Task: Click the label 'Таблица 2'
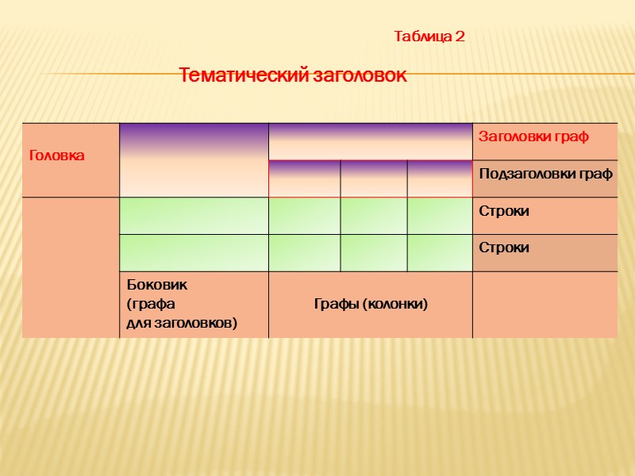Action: (x=429, y=36)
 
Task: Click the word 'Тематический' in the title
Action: (x=237, y=76)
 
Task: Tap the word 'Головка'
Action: (x=56, y=155)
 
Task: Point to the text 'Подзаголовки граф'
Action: (x=545, y=174)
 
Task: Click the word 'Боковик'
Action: (x=157, y=284)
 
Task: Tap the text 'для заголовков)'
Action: (x=182, y=322)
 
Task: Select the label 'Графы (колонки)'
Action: (x=371, y=304)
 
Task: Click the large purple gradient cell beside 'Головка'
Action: (x=194, y=159)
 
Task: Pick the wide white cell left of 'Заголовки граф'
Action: (x=370, y=141)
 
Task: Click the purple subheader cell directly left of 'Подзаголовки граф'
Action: (x=439, y=178)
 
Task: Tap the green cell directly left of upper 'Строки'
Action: (x=439, y=216)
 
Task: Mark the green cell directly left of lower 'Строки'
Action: (x=439, y=253)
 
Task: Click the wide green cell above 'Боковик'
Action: (x=194, y=253)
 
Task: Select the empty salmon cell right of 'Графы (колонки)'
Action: (x=545, y=305)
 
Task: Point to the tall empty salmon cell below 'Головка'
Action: (x=71, y=267)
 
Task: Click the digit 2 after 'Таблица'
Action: (x=460, y=36)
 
